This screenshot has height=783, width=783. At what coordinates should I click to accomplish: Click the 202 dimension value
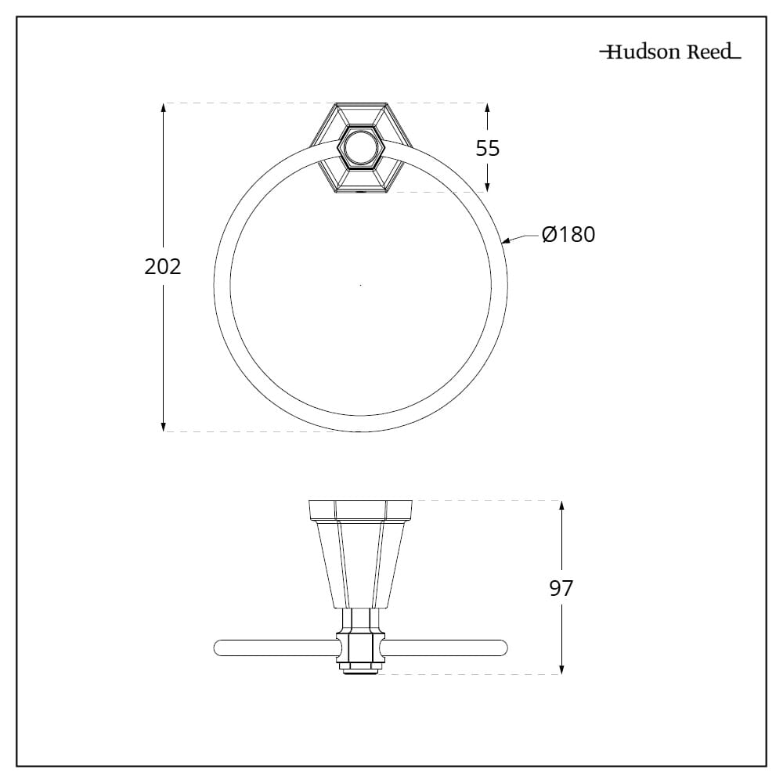[163, 266]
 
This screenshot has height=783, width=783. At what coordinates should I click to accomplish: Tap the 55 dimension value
[488, 148]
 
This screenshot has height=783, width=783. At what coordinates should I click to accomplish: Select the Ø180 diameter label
[568, 234]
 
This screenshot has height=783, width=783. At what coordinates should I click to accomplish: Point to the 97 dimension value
[561, 588]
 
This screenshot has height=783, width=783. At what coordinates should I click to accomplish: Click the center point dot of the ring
[360, 286]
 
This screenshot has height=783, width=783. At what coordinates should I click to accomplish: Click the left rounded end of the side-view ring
[218, 648]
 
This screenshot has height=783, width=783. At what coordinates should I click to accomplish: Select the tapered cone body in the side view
[359, 564]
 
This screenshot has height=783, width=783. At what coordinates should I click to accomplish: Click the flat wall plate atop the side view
[359, 510]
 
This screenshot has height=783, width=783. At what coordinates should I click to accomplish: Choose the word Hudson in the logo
[644, 53]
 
